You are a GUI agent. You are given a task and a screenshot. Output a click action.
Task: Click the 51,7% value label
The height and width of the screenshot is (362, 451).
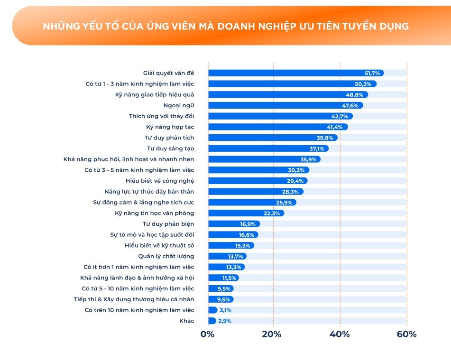[372, 73]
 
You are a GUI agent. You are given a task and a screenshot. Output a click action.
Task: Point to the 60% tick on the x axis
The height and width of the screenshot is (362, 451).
[406, 334]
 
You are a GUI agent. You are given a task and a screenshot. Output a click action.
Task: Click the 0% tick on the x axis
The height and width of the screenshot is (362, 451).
[208, 334]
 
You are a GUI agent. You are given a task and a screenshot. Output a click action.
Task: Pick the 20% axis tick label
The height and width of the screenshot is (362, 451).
[273, 334]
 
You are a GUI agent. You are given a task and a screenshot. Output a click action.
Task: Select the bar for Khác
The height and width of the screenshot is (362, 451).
[212, 321]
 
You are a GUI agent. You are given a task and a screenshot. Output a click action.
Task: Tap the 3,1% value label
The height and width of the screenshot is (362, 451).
[226, 310]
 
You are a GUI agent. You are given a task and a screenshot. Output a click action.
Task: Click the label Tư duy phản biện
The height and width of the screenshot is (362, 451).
[168, 224]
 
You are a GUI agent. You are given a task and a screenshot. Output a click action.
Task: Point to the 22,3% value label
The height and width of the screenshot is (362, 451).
[272, 213]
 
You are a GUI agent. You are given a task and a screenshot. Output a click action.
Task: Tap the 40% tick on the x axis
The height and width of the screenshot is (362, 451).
[340, 334]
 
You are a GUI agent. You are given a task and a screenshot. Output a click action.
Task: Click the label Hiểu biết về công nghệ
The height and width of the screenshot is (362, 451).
[160, 181]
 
